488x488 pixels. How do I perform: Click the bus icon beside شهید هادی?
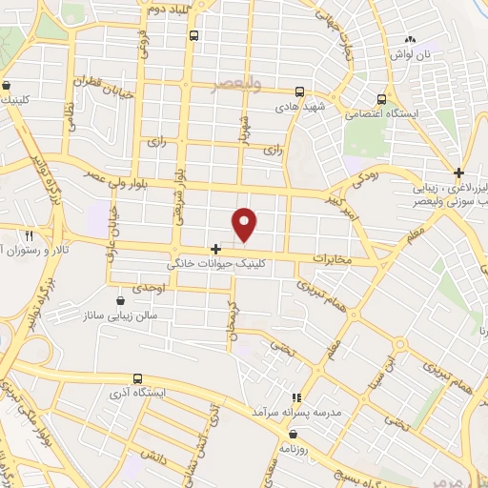299,92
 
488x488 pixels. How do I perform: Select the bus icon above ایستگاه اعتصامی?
381,98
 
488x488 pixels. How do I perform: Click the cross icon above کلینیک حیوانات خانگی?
216,249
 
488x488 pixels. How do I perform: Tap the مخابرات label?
333,258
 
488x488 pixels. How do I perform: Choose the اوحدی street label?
149,287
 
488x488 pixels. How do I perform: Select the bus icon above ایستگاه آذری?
138,378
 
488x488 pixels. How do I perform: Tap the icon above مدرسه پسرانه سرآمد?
296,396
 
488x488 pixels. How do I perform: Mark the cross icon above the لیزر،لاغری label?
459,173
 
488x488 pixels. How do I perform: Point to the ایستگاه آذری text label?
138,393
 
